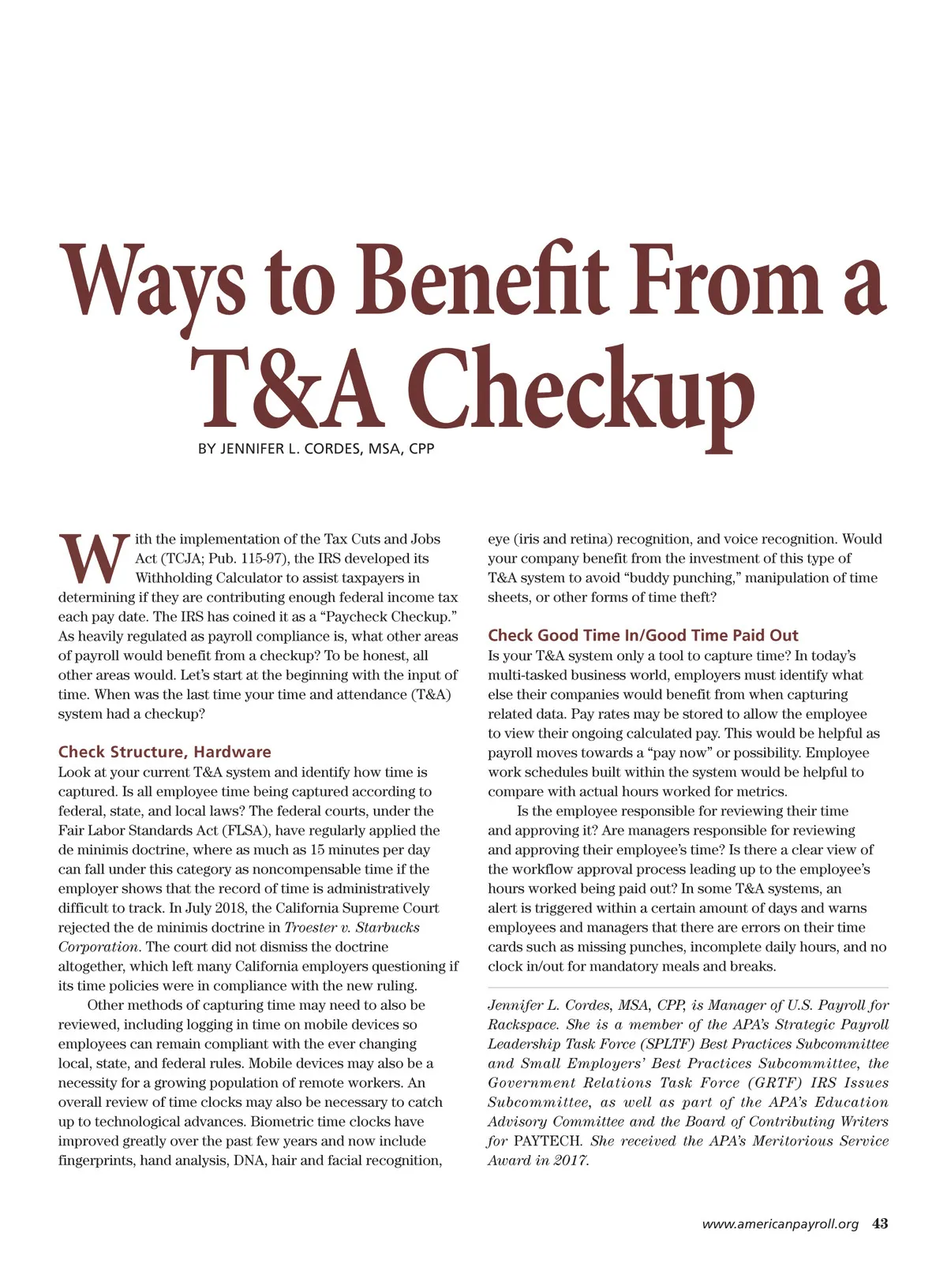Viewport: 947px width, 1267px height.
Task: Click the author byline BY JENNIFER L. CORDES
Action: point(316,449)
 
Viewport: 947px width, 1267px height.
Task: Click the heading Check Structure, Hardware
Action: point(164,752)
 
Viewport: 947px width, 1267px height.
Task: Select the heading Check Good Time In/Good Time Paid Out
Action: point(642,635)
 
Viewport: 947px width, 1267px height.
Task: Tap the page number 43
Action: point(880,1224)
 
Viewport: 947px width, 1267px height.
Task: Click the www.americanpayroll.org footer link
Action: point(780,1224)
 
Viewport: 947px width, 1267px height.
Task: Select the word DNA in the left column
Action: point(249,1160)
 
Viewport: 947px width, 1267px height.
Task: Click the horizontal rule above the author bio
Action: point(687,988)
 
